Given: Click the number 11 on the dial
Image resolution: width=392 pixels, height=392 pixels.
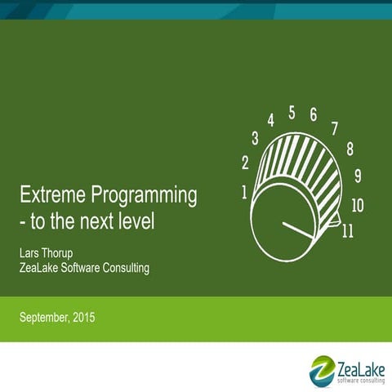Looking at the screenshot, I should [x=347, y=231].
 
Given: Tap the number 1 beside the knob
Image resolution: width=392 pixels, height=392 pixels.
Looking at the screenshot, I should [x=245, y=193].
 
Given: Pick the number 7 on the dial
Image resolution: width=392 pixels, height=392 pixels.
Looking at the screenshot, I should [x=334, y=128].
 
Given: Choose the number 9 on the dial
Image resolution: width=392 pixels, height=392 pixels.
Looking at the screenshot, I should [x=358, y=176].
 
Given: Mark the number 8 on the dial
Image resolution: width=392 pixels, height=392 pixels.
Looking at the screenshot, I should [x=350, y=149].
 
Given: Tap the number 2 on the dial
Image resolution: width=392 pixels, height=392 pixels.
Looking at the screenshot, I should [x=245, y=163].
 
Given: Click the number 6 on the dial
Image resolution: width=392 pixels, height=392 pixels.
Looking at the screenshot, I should [x=314, y=115].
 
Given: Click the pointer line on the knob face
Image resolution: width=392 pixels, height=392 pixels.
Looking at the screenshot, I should [x=297, y=229].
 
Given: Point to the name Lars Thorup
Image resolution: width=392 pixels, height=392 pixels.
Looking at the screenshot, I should [x=49, y=252].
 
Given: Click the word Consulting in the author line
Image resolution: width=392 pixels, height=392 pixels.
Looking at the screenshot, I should [x=122, y=267].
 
